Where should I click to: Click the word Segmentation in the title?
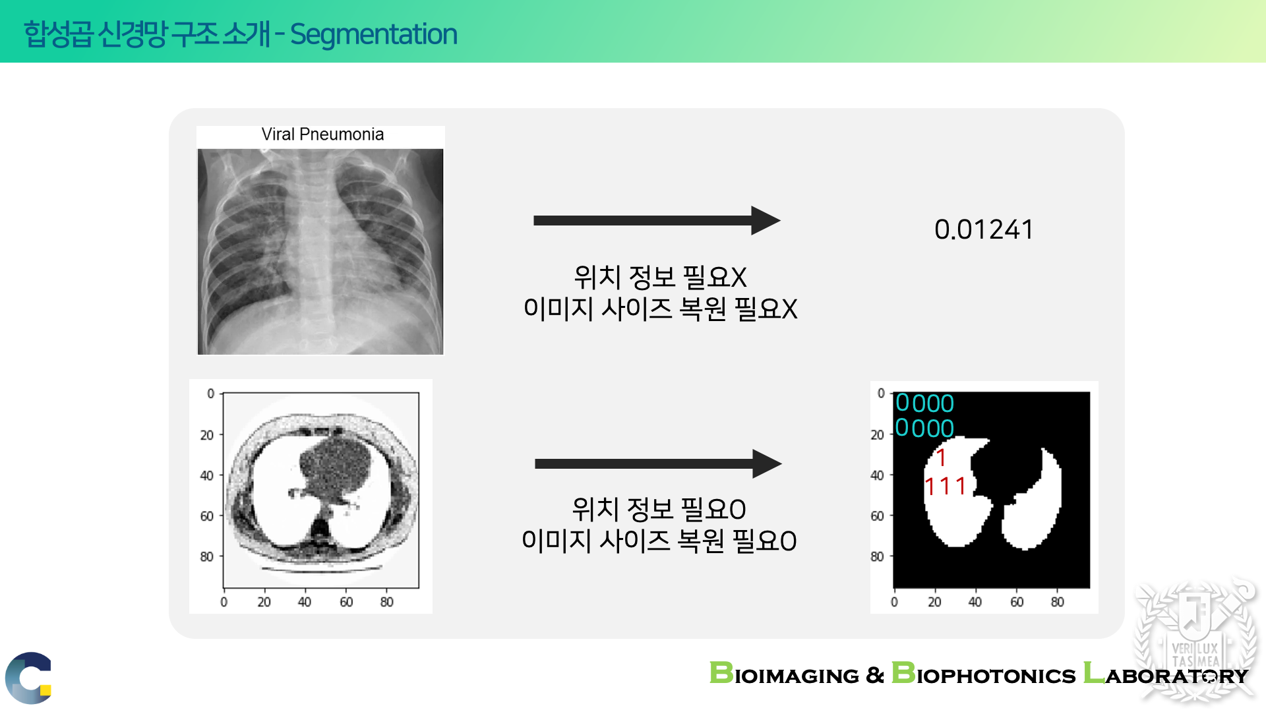click(x=373, y=35)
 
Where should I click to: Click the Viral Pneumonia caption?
click(x=322, y=134)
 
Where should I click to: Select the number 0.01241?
click(x=984, y=229)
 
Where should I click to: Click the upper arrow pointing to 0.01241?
click(x=657, y=220)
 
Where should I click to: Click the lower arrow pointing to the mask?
click(x=658, y=463)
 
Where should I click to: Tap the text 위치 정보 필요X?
click(x=660, y=277)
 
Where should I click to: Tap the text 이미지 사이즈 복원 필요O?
click(x=659, y=541)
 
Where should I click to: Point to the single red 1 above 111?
click(x=942, y=458)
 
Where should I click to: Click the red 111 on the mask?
click(x=946, y=487)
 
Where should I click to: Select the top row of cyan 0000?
click(x=924, y=403)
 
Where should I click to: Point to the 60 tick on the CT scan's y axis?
click(x=207, y=516)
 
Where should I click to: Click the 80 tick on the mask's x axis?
click(x=1057, y=602)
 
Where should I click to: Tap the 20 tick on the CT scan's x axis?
click(x=264, y=602)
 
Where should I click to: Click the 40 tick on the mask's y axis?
click(x=877, y=475)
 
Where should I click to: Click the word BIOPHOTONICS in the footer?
click(x=984, y=674)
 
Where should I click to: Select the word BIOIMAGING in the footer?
click(x=784, y=674)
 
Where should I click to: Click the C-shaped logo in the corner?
click(x=29, y=678)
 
